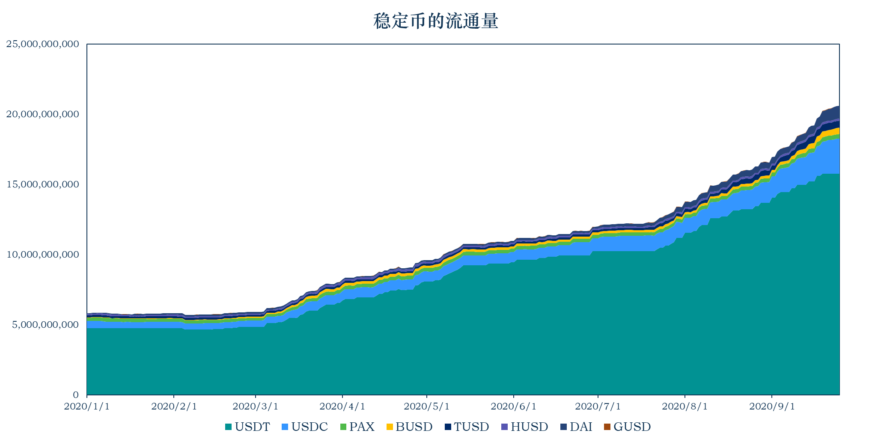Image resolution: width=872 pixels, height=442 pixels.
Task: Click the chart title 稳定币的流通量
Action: click(x=436, y=21)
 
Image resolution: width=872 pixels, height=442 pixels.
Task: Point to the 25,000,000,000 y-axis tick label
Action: click(x=43, y=44)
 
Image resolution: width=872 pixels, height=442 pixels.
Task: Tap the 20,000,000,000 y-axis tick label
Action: click(x=43, y=114)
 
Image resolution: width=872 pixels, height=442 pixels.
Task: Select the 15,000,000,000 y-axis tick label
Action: click(x=43, y=184)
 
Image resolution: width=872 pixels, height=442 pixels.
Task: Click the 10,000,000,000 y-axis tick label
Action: click(x=43, y=255)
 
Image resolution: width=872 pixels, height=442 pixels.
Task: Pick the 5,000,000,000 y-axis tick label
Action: click(x=46, y=325)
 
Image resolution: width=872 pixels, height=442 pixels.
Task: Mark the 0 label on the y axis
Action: click(x=76, y=395)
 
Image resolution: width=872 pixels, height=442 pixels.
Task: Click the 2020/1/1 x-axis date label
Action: click(x=87, y=406)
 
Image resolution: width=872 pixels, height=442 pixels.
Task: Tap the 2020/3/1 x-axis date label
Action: click(x=256, y=406)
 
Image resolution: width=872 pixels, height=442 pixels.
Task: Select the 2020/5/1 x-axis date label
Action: click(x=427, y=406)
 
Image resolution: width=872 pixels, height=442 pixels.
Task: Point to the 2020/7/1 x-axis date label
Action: click(x=598, y=406)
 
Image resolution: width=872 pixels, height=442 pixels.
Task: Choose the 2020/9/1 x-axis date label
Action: click(x=772, y=406)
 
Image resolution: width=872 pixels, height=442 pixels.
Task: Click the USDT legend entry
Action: click(x=247, y=427)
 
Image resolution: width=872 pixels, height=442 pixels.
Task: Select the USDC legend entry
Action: click(x=305, y=427)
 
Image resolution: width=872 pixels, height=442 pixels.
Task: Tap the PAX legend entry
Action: click(x=357, y=427)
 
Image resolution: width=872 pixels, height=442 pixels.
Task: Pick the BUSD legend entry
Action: click(x=409, y=427)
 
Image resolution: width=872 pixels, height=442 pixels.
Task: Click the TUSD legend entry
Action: click(x=467, y=427)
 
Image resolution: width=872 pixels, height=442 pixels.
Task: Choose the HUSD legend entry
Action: click(x=524, y=427)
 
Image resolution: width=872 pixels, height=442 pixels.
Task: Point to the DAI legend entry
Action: click(x=576, y=427)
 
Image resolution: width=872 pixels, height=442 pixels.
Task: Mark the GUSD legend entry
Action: click(x=627, y=427)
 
